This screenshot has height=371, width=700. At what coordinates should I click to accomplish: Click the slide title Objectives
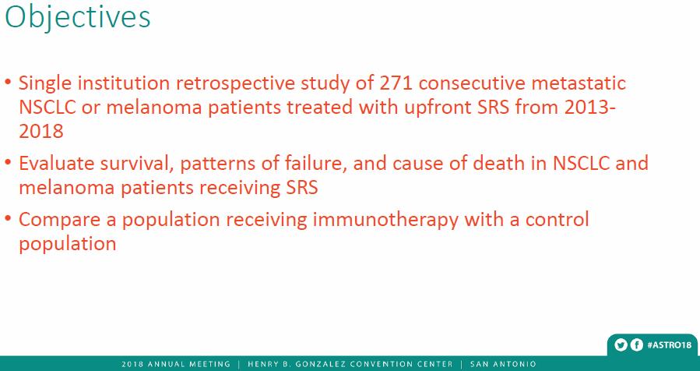[x=77, y=18]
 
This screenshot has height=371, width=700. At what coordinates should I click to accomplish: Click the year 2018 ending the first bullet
[x=41, y=132]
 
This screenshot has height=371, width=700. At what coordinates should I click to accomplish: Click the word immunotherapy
[x=385, y=221]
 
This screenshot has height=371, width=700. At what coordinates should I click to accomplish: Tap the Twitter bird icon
[x=621, y=345]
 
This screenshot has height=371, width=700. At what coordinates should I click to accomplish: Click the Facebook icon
[x=636, y=345]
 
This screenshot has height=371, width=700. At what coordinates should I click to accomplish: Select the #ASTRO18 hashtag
[x=669, y=345]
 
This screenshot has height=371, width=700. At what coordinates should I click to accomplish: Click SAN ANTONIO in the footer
[x=503, y=364]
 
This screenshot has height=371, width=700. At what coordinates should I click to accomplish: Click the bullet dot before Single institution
[x=8, y=83]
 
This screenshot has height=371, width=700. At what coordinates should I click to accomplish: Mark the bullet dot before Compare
[x=8, y=220]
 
